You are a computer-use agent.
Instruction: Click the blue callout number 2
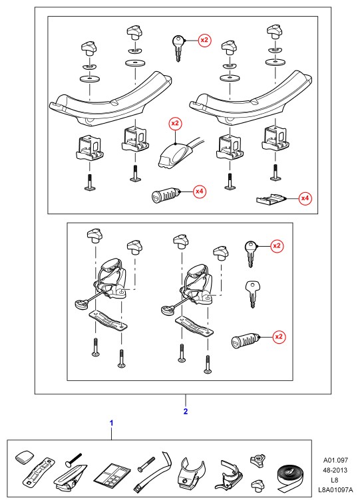pyautogui.click(x=185, y=412)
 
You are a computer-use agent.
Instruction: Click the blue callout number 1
pyautogui.click(x=112, y=423)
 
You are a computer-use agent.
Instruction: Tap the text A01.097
pyautogui.click(x=335, y=460)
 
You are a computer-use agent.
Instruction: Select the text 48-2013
pyautogui.click(x=335, y=470)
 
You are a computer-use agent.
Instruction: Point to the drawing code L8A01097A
pyautogui.click(x=335, y=491)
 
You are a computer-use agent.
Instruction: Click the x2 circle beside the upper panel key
pyautogui.click(x=204, y=40)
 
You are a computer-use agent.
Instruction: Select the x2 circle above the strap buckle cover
pyautogui.click(x=175, y=124)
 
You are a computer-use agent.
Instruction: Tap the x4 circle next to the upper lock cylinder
pyautogui.click(x=200, y=191)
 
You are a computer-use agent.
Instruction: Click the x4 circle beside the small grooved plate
pyautogui.click(x=305, y=198)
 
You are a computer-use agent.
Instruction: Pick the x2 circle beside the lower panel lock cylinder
pyautogui.click(x=279, y=337)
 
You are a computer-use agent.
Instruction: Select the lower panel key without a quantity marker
pyautogui.click(x=253, y=294)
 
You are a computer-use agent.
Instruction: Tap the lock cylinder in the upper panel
pyautogui.click(x=165, y=195)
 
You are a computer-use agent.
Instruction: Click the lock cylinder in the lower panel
pyautogui.click(x=245, y=340)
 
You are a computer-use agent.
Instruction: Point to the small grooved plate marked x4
pyautogui.click(x=271, y=199)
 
